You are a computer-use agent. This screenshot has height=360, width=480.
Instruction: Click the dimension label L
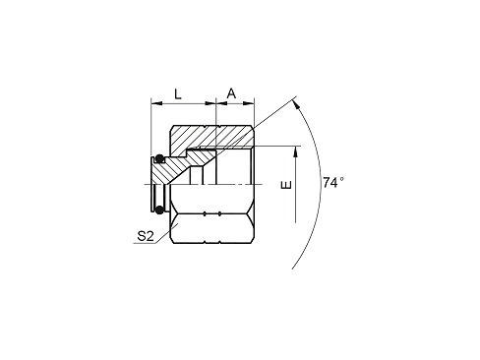(x=178, y=94)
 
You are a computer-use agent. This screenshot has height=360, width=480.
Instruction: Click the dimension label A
(x=231, y=93)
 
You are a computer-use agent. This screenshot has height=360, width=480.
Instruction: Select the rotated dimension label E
(x=286, y=185)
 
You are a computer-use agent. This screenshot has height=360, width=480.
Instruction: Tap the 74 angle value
(x=330, y=183)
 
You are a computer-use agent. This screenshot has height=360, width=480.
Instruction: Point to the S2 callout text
(x=146, y=236)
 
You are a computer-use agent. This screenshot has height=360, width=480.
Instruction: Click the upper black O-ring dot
(x=159, y=158)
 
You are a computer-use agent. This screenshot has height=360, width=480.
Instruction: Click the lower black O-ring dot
(x=159, y=210)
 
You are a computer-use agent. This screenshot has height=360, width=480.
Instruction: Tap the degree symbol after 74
(x=341, y=179)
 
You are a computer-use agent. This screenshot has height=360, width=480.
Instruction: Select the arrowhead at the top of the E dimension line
(x=296, y=151)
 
